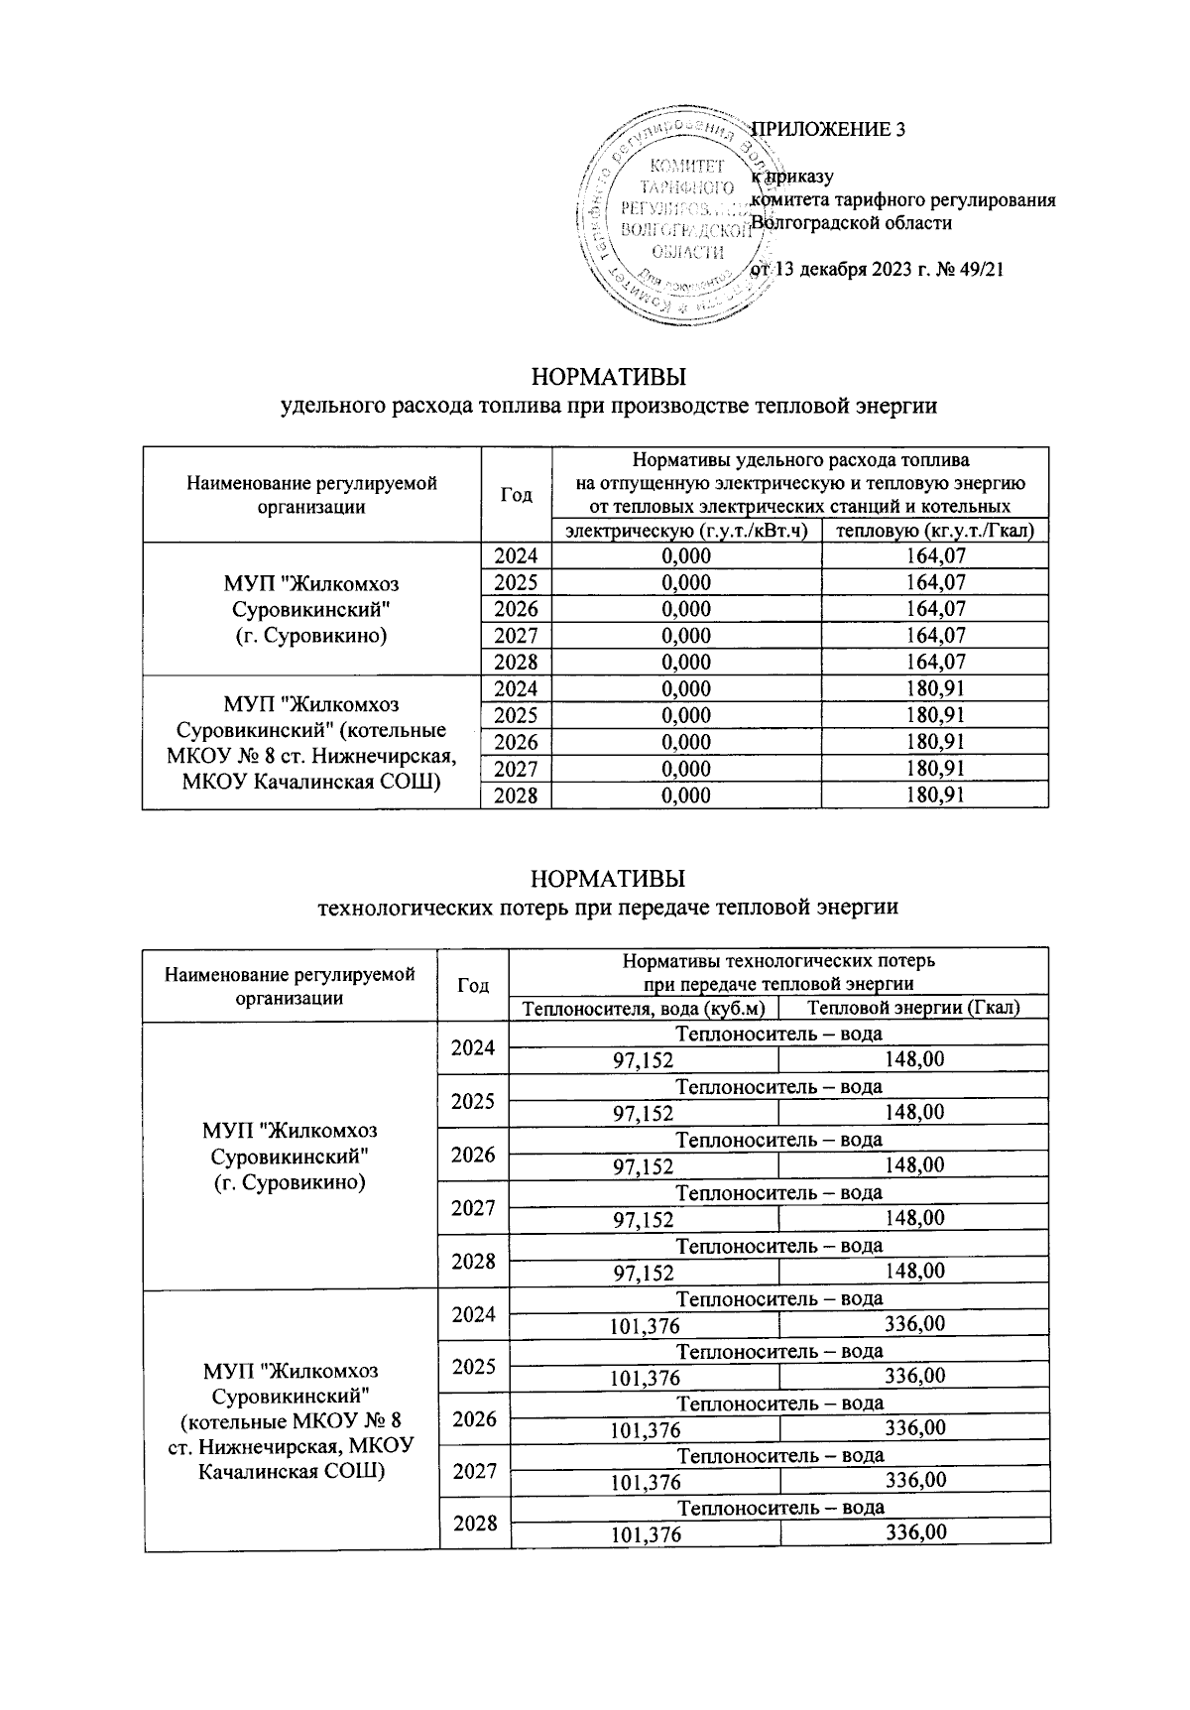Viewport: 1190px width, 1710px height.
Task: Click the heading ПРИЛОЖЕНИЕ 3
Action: [x=829, y=129]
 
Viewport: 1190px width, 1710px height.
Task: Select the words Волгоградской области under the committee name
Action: [x=851, y=223]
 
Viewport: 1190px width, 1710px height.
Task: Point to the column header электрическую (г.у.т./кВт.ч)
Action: [x=686, y=531]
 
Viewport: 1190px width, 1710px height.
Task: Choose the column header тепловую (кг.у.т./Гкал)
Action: [x=935, y=531]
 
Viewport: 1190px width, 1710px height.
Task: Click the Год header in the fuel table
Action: [x=516, y=495]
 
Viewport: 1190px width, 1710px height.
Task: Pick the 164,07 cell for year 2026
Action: [x=935, y=609]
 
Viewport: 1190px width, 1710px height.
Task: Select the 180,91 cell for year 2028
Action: [x=935, y=795]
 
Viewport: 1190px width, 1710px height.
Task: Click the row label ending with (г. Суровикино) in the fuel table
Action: [x=310, y=608]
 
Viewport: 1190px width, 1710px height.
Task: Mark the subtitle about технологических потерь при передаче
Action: [x=607, y=907]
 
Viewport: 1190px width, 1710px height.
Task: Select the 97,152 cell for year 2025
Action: [x=644, y=1113]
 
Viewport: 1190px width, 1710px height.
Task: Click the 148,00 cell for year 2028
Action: [x=913, y=1272]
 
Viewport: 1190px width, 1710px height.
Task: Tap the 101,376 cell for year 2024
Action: [x=645, y=1324]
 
